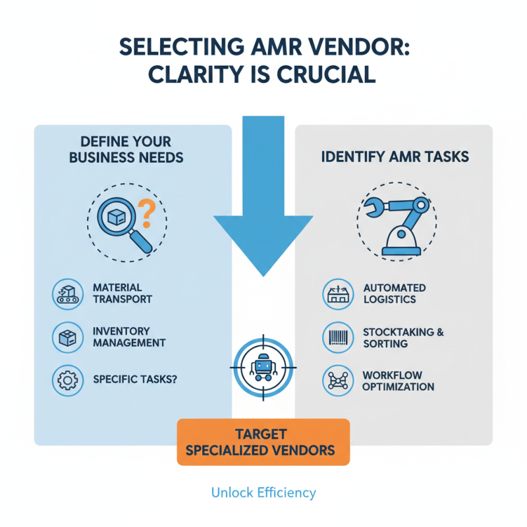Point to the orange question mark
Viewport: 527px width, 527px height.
(148, 215)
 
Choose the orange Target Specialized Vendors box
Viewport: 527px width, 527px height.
(263, 442)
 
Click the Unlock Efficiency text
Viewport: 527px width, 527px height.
(263, 492)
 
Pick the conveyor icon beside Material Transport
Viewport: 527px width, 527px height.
(67, 294)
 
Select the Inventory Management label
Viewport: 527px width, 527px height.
(128, 337)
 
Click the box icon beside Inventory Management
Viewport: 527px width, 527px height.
(67, 337)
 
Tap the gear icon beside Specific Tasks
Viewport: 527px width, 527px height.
(67, 381)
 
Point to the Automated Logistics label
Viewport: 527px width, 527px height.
(394, 294)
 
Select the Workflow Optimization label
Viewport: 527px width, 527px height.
(398, 381)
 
